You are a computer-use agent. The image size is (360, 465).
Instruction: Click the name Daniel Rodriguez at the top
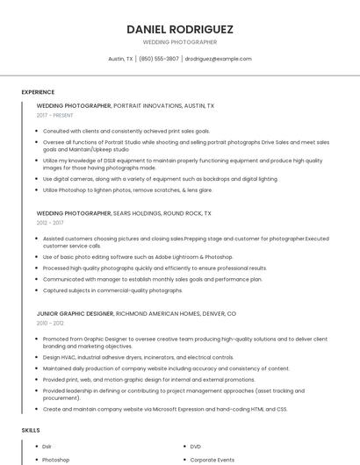tap(180, 29)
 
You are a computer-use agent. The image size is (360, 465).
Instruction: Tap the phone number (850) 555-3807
tap(158, 59)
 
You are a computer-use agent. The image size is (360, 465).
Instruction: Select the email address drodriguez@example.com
tap(218, 59)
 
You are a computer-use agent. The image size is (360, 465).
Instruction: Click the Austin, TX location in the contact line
tap(119, 59)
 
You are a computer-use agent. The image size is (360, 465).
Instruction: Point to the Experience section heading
tap(38, 92)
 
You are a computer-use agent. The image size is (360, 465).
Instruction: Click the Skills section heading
tap(30, 430)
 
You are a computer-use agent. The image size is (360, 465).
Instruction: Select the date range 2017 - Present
tap(55, 115)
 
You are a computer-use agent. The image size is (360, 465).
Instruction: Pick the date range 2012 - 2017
tap(50, 223)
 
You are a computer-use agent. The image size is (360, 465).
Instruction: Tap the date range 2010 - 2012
tap(50, 323)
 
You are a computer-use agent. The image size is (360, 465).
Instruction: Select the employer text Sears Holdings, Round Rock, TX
tap(163, 213)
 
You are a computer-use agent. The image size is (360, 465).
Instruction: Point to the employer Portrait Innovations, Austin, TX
tap(164, 105)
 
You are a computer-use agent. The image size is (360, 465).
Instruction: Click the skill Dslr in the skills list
tap(47, 447)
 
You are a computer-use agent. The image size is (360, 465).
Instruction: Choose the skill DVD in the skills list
tap(196, 447)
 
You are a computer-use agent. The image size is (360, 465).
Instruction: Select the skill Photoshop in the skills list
tap(55, 459)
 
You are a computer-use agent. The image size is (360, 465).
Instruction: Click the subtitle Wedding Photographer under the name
tap(180, 42)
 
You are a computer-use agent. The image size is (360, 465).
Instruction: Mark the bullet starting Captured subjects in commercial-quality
tap(112, 290)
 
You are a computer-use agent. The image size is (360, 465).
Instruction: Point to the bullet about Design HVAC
tap(138, 357)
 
